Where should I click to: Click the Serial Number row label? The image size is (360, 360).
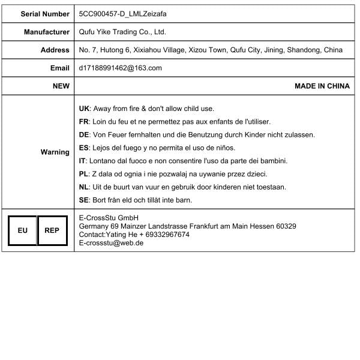pyautogui.click(x=45, y=13)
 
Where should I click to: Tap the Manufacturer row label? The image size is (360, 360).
pyautogui.click(x=47, y=32)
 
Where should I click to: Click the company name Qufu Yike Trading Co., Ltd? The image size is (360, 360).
pyautogui.click(x=122, y=32)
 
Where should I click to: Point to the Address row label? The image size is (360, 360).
pyautogui.click(x=55, y=50)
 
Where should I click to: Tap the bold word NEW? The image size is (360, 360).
pyautogui.click(x=61, y=86)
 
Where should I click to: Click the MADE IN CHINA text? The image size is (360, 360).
pyautogui.click(x=322, y=86)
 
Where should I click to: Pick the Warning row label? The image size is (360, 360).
pyautogui.click(x=55, y=152)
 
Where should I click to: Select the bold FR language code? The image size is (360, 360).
pyautogui.click(x=84, y=122)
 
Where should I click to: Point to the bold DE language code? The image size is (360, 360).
pyautogui.click(x=84, y=135)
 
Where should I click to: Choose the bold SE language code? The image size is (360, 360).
pyautogui.click(x=84, y=200)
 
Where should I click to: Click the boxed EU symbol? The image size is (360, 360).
pyautogui.click(x=22, y=230)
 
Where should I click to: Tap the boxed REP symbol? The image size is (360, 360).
pyautogui.click(x=52, y=230)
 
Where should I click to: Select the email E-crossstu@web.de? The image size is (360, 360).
pyautogui.click(x=111, y=243)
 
